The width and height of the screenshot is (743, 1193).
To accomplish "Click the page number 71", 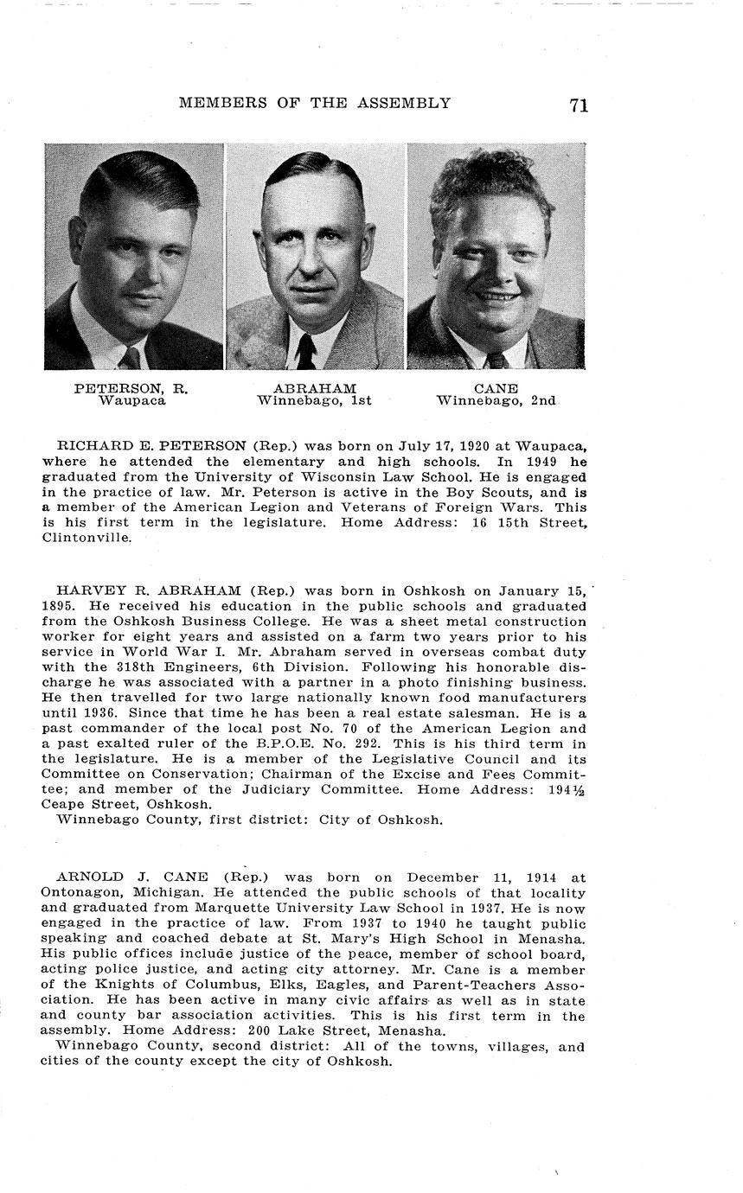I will pos(579,105).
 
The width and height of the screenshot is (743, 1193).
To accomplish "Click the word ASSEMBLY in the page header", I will pos(409,103).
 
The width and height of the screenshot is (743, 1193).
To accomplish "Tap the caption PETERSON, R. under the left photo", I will pos(131,389).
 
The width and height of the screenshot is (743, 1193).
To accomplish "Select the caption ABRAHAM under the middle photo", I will pos(314,389).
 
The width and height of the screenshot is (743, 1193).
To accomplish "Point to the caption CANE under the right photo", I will pos(496,389).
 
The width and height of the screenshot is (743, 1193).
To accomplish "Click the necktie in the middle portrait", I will pos(306,351).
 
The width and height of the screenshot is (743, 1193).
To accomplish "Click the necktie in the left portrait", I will pos(131,357).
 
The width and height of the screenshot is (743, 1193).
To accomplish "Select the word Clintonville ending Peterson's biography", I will pos(83,537).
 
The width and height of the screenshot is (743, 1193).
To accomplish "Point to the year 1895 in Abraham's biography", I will pos(58,606).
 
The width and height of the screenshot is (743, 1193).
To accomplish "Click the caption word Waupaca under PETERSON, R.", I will pos(131,401).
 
